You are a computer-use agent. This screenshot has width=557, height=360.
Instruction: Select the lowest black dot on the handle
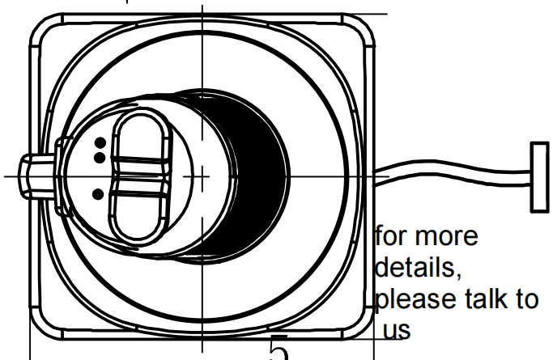click(x=98, y=194)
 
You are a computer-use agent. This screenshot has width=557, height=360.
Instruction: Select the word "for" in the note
click(x=392, y=238)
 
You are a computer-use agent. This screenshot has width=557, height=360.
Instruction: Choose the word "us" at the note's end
click(x=397, y=330)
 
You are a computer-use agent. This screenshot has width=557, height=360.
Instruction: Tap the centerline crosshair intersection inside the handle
click(x=202, y=175)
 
